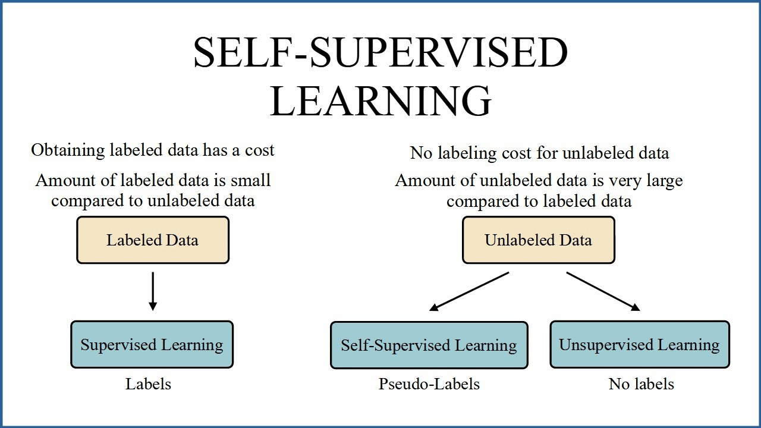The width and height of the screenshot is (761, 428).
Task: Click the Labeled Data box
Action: tap(152, 240)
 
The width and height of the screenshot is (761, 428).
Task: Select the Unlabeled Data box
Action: tap(538, 240)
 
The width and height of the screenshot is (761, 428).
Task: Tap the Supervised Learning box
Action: tap(152, 345)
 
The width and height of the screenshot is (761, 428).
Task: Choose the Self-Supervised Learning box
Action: tap(429, 345)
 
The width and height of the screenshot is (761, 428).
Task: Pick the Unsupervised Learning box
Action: tap(639, 345)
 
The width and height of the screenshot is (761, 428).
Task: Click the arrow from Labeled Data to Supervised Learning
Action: tap(153, 291)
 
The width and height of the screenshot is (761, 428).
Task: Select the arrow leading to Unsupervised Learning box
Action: tap(603, 291)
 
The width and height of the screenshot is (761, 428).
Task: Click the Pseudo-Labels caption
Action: tap(429, 384)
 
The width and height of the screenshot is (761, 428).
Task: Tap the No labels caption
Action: tap(641, 384)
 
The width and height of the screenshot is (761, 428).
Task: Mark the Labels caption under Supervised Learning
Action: tap(148, 384)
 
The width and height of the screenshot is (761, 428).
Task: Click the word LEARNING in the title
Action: tap(380, 101)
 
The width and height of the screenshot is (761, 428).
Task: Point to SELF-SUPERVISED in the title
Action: tap(380, 53)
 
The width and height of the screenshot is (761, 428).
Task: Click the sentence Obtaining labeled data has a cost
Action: tap(153, 150)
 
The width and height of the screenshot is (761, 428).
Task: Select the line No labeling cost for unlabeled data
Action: tap(539, 153)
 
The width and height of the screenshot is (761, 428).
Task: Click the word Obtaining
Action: tap(68, 150)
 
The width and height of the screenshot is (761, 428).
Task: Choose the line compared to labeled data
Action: tap(539, 201)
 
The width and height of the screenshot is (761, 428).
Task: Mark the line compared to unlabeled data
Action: tap(153, 201)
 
